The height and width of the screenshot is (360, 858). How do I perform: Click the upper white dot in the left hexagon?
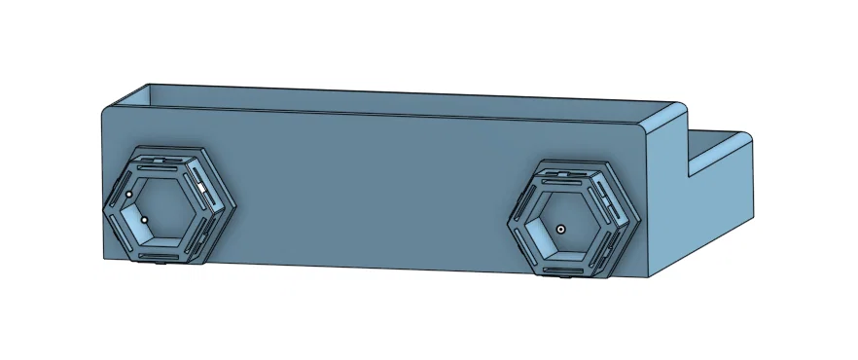(128, 195)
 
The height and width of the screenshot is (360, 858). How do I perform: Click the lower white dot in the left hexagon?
(144, 220)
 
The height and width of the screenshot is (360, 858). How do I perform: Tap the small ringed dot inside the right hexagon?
(561, 228)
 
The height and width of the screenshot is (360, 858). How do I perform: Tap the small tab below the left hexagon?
(160, 264)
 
